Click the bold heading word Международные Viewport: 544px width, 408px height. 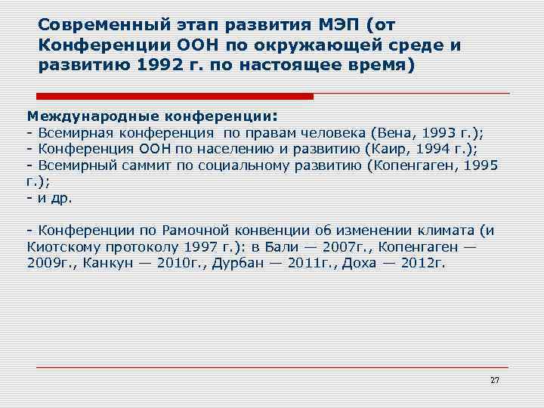coord(88,116)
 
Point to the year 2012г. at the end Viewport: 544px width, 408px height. coord(423,264)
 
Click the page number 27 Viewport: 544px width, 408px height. coord(494,379)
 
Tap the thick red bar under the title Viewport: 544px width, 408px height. coord(175,96)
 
